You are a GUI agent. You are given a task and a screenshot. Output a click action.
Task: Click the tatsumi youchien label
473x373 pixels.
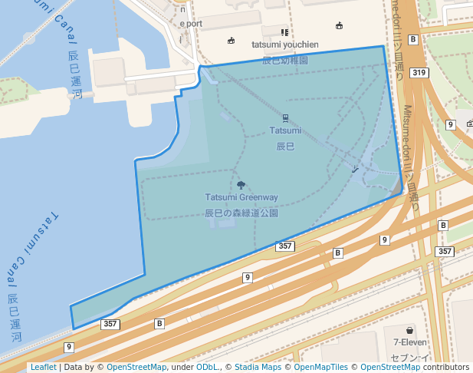click(x=285, y=45)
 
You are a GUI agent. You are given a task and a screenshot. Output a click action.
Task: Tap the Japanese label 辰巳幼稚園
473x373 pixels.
click(x=285, y=59)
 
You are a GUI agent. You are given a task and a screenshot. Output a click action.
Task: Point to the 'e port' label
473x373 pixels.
click(x=191, y=24)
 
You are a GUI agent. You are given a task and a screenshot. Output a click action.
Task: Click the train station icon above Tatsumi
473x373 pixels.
click(x=285, y=118)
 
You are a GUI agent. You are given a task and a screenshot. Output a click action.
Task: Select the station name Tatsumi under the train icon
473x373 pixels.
click(x=285, y=130)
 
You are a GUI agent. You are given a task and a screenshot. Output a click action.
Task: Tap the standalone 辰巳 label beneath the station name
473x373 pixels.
click(x=285, y=145)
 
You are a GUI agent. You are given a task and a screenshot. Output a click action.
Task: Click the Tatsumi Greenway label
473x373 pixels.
click(x=241, y=198)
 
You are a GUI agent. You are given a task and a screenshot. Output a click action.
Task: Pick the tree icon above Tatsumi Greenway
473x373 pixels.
click(x=241, y=185)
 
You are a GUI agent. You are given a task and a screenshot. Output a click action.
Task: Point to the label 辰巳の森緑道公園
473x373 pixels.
click(x=241, y=212)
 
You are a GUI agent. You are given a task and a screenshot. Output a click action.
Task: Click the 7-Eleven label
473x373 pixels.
click(x=410, y=342)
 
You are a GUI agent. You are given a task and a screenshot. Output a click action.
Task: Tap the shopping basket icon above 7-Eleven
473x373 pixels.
click(x=410, y=329)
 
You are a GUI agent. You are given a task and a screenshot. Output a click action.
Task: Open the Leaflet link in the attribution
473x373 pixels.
click(x=43, y=368)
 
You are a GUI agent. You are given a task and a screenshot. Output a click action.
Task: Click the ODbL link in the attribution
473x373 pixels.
click(x=208, y=368)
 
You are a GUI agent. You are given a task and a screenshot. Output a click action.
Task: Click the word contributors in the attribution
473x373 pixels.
click(x=446, y=368)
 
